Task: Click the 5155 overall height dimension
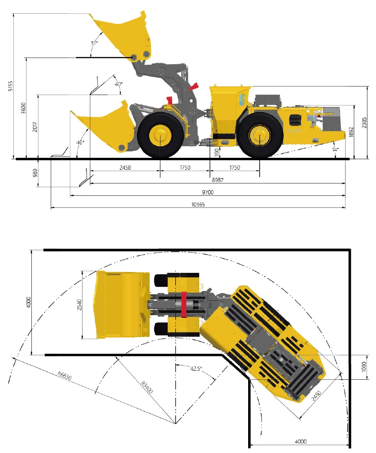coord(10,86)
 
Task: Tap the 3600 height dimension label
coord(23,108)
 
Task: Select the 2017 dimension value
coord(35,127)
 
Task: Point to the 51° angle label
coord(95,43)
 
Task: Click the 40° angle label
coord(118,84)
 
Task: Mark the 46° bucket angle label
coord(80,143)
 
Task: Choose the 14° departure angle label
coord(335,149)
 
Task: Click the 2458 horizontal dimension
coord(125,168)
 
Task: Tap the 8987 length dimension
coord(218,180)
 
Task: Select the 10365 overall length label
coord(198,204)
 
